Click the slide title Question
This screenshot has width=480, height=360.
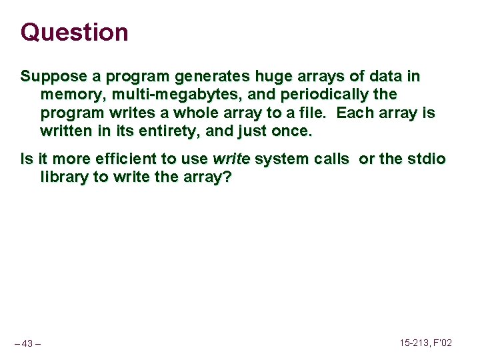(x=74, y=32)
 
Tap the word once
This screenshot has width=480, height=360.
(x=292, y=131)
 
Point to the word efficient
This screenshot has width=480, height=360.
(x=125, y=159)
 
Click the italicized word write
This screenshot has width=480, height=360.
(x=231, y=159)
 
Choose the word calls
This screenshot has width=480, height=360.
(x=332, y=159)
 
